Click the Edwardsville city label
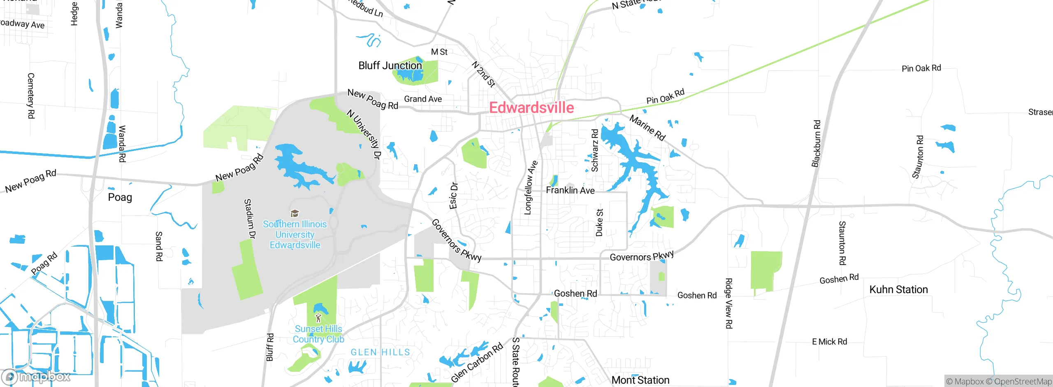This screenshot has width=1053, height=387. point(531,108)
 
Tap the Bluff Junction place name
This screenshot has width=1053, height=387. point(390,65)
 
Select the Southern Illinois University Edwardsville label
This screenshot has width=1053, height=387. point(295,235)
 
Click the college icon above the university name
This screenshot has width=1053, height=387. point(295,213)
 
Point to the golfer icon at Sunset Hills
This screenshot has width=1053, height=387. point(318,318)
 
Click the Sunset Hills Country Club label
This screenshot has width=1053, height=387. point(318,334)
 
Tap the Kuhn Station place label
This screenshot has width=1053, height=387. point(898,289)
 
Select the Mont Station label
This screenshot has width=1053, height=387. point(640,380)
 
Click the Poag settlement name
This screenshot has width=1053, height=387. point(120,197)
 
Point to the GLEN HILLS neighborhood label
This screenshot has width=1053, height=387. point(380,352)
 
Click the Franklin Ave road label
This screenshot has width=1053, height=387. point(570,190)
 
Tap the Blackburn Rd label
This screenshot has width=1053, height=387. point(816,144)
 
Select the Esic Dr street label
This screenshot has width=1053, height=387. point(453,196)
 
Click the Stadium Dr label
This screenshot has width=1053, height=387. point(249,219)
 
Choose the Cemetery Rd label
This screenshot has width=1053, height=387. point(31,96)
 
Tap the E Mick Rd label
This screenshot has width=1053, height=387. point(829,342)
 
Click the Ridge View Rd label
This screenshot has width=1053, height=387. point(728,303)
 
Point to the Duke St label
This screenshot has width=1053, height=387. point(599,223)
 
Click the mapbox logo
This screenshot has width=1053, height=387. point(36,376)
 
